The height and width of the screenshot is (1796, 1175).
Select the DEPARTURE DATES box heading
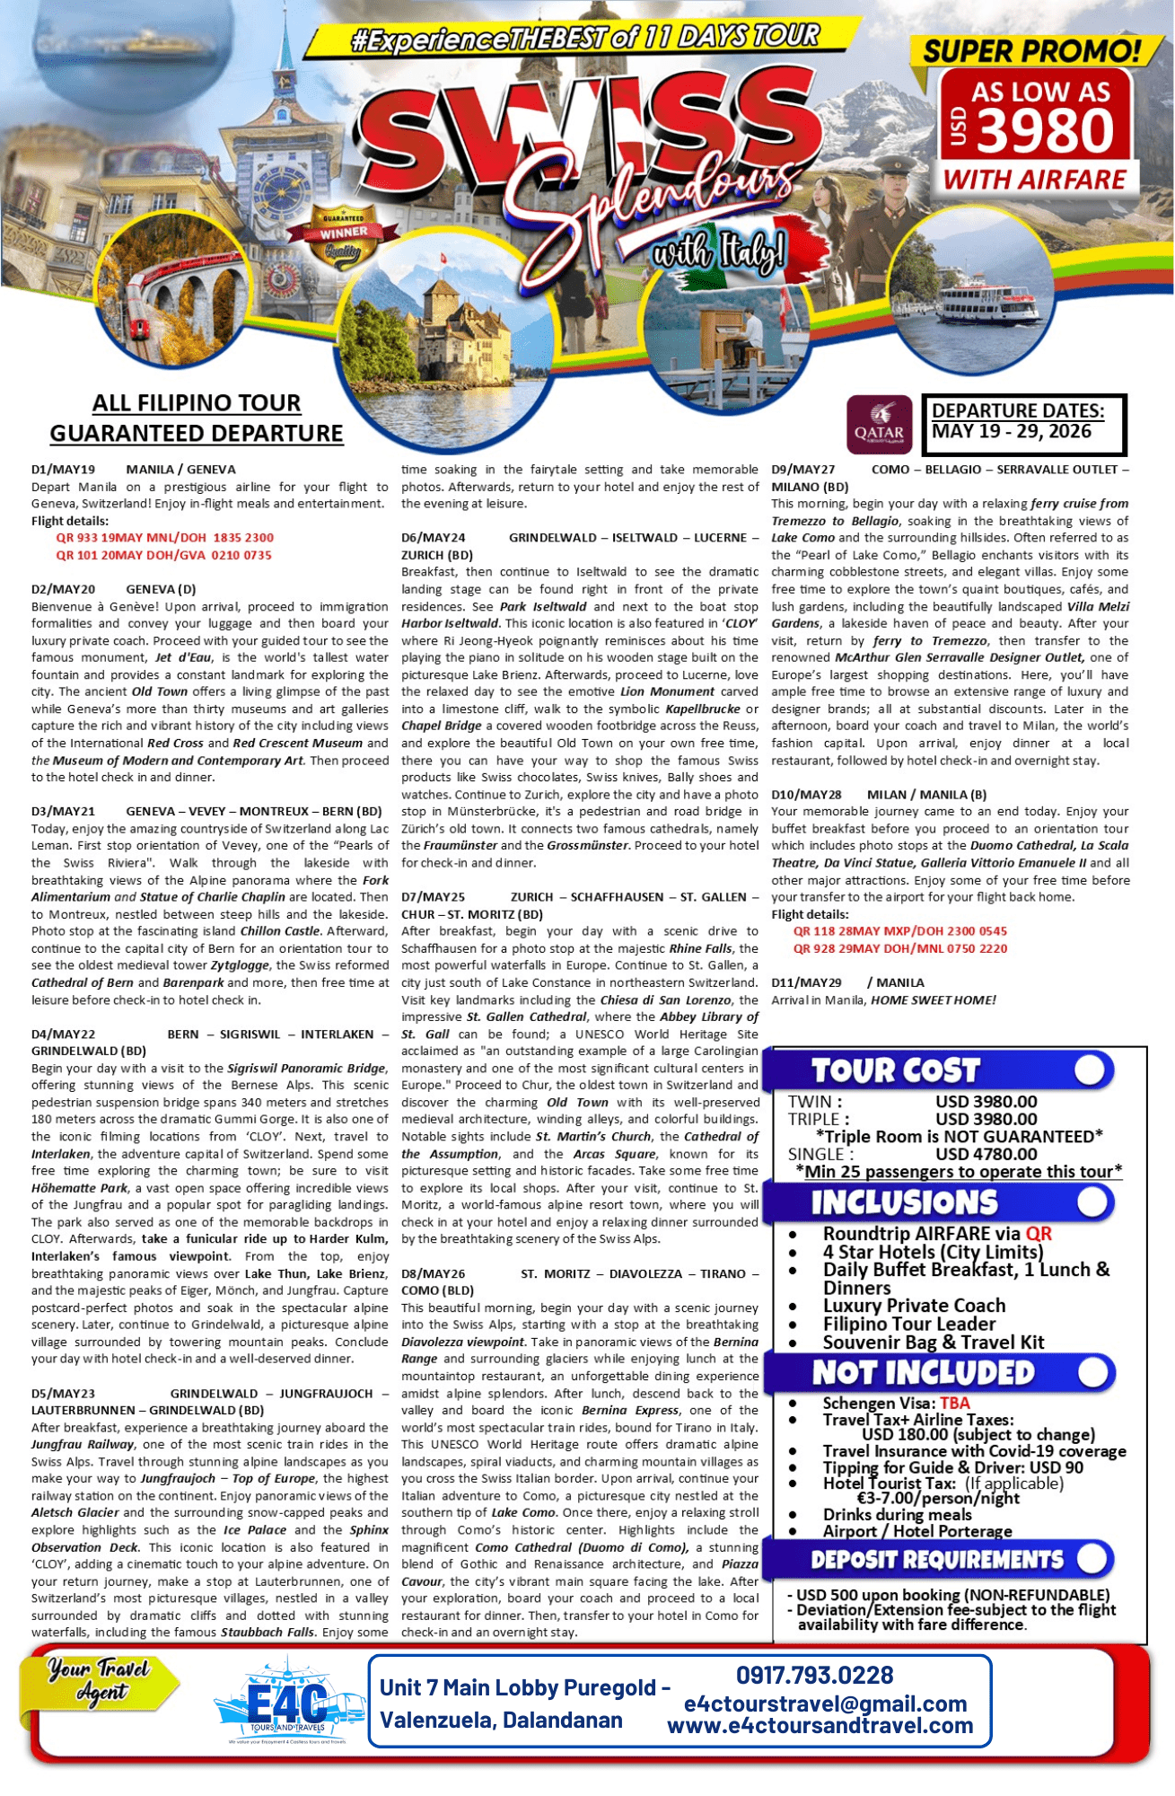(x=1018, y=410)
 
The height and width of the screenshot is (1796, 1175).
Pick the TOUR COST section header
(x=895, y=1070)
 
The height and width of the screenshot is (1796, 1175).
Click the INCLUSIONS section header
(x=904, y=1202)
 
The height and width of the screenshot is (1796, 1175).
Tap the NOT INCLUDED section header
(x=923, y=1373)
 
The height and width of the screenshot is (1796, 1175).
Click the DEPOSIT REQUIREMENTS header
(x=937, y=1560)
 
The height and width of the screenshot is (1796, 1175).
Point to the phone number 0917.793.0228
(x=814, y=1676)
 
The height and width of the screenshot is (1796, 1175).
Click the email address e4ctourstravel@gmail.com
(x=825, y=1704)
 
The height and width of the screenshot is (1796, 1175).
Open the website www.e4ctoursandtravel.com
(x=820, y=1725)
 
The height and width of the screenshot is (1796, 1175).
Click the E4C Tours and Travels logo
(x=288, y=1703)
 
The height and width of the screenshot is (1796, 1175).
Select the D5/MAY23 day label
(x=63, y=1394)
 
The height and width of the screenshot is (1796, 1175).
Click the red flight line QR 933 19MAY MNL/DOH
(x=164, y=538)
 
